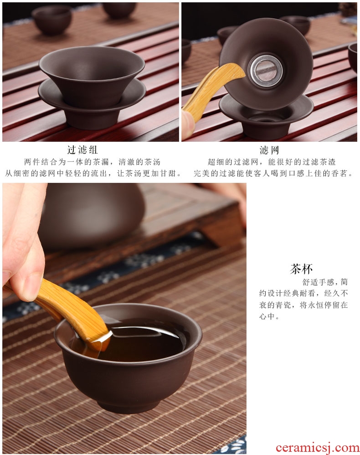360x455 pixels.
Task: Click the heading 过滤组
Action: [x=82, y=150]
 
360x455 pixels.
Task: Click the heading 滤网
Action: [x=269, y=150]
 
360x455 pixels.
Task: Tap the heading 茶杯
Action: [x=301, y=269]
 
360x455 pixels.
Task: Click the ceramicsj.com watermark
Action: [x=317, y=448]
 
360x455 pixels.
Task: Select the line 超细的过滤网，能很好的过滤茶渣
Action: [x=272, y=162]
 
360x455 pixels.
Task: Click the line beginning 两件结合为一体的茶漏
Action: [x=92, y=162]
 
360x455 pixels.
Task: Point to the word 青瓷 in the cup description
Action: [x=283, y=305]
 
